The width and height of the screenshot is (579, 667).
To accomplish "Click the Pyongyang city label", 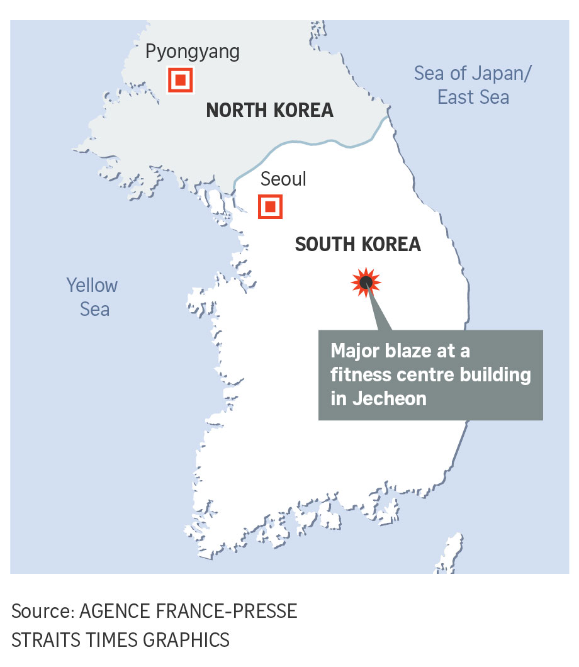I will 192,52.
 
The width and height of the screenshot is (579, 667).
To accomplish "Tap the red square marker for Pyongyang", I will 180,81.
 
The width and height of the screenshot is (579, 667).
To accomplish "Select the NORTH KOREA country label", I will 269,111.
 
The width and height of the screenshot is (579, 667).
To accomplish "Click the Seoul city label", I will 283,179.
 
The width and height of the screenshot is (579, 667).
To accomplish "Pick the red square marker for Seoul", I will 270,206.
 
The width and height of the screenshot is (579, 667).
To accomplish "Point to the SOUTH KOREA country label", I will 357,244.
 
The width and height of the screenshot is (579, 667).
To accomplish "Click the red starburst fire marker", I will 366,282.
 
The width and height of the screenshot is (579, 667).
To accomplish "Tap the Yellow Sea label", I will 93,297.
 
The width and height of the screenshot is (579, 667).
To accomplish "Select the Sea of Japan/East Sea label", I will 473,85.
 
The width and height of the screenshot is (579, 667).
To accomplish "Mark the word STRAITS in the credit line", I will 43,640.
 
